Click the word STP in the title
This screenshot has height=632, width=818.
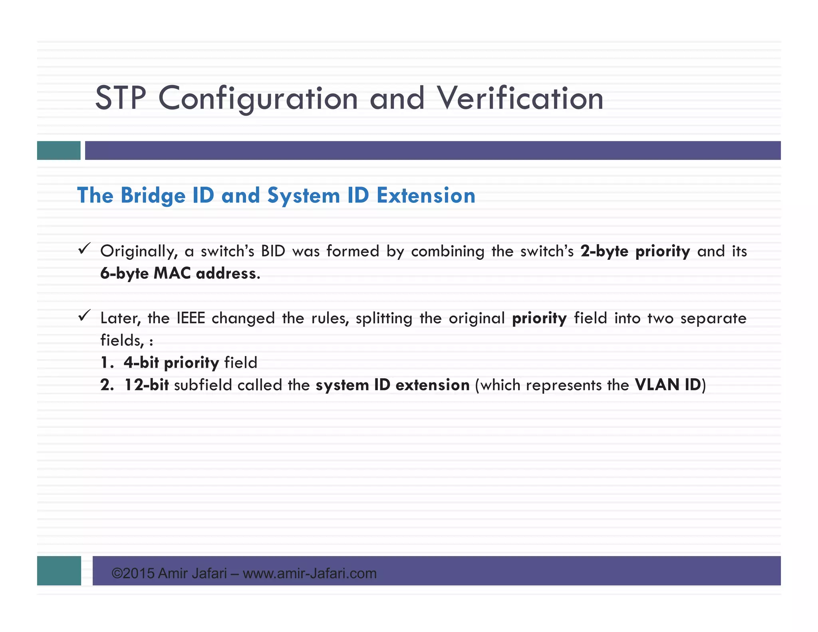tap(121, 98)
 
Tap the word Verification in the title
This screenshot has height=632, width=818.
tap(520, 98)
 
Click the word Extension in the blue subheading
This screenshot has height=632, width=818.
tap(426, 195)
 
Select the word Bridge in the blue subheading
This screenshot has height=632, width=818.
tap(153, 195)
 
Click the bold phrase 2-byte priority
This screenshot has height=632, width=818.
tap(635, 251)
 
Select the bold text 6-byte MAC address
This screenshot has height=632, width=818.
tap(180, 274)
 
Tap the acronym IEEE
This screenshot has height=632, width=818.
tap(191, 318)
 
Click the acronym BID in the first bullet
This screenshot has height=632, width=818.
tap(273, 251)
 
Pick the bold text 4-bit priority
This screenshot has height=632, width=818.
tap(171, 363)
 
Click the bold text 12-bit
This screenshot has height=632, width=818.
tap(147, 385)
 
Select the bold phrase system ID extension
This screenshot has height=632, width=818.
tap(393, 385)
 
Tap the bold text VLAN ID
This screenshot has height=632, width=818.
tap(668, 385)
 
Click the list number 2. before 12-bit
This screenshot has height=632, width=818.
tap(107, 385)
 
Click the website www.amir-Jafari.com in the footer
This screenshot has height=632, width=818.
tap(310, 574)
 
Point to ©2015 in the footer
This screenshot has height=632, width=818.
tap(133, 574)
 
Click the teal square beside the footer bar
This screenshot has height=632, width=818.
tap(59, 570)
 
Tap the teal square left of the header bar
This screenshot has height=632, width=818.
tap(59, 151)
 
